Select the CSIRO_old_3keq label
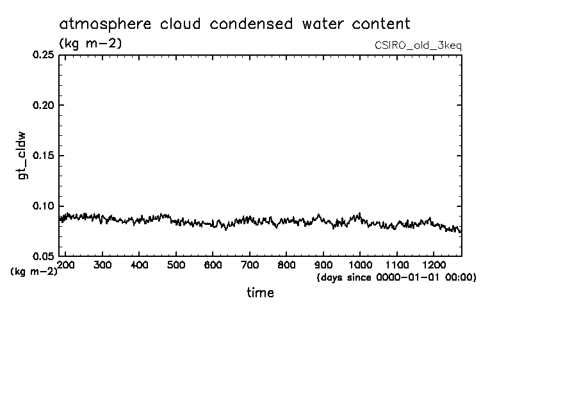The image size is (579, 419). [x=418, y=45]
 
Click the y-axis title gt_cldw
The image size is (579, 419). [x=22, y=156]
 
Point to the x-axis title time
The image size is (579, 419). [x=260, y=293]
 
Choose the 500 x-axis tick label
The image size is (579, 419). [x=175, y=265]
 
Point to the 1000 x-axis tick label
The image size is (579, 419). [x=360, y=265]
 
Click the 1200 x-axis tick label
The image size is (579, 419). [x=434, y=265]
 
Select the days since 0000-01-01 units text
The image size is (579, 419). [x=396, y=277]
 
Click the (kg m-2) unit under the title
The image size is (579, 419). [x=90, y=44]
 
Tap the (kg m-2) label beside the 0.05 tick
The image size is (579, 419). [x=34, y=271]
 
